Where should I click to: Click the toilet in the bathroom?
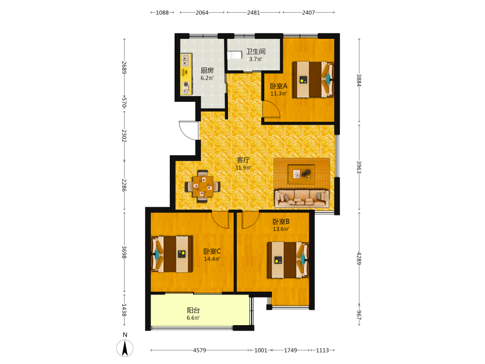click(234, 55)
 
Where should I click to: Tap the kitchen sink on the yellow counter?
click(186, 60)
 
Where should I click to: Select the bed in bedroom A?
click(313, 80)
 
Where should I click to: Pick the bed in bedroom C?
click(172, 254)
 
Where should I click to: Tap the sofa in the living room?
click(302, 198)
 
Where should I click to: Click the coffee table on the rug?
click(301, 174)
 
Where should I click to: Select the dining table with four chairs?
click(203, 186)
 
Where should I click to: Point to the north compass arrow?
click(125, 348)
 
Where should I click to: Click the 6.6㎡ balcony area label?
click(194, 318)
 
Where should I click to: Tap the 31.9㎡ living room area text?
click(243, 168)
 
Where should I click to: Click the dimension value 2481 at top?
click(253, 13)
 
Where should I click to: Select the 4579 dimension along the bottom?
click(199, 350)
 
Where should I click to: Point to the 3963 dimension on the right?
click(359, 167)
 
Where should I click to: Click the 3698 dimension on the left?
click(124, 252)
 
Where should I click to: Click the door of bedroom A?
click(271, 109)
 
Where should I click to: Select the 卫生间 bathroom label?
click(256, 51)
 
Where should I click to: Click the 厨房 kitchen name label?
click(207, 70)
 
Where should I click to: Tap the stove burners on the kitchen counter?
click(186, 87)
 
